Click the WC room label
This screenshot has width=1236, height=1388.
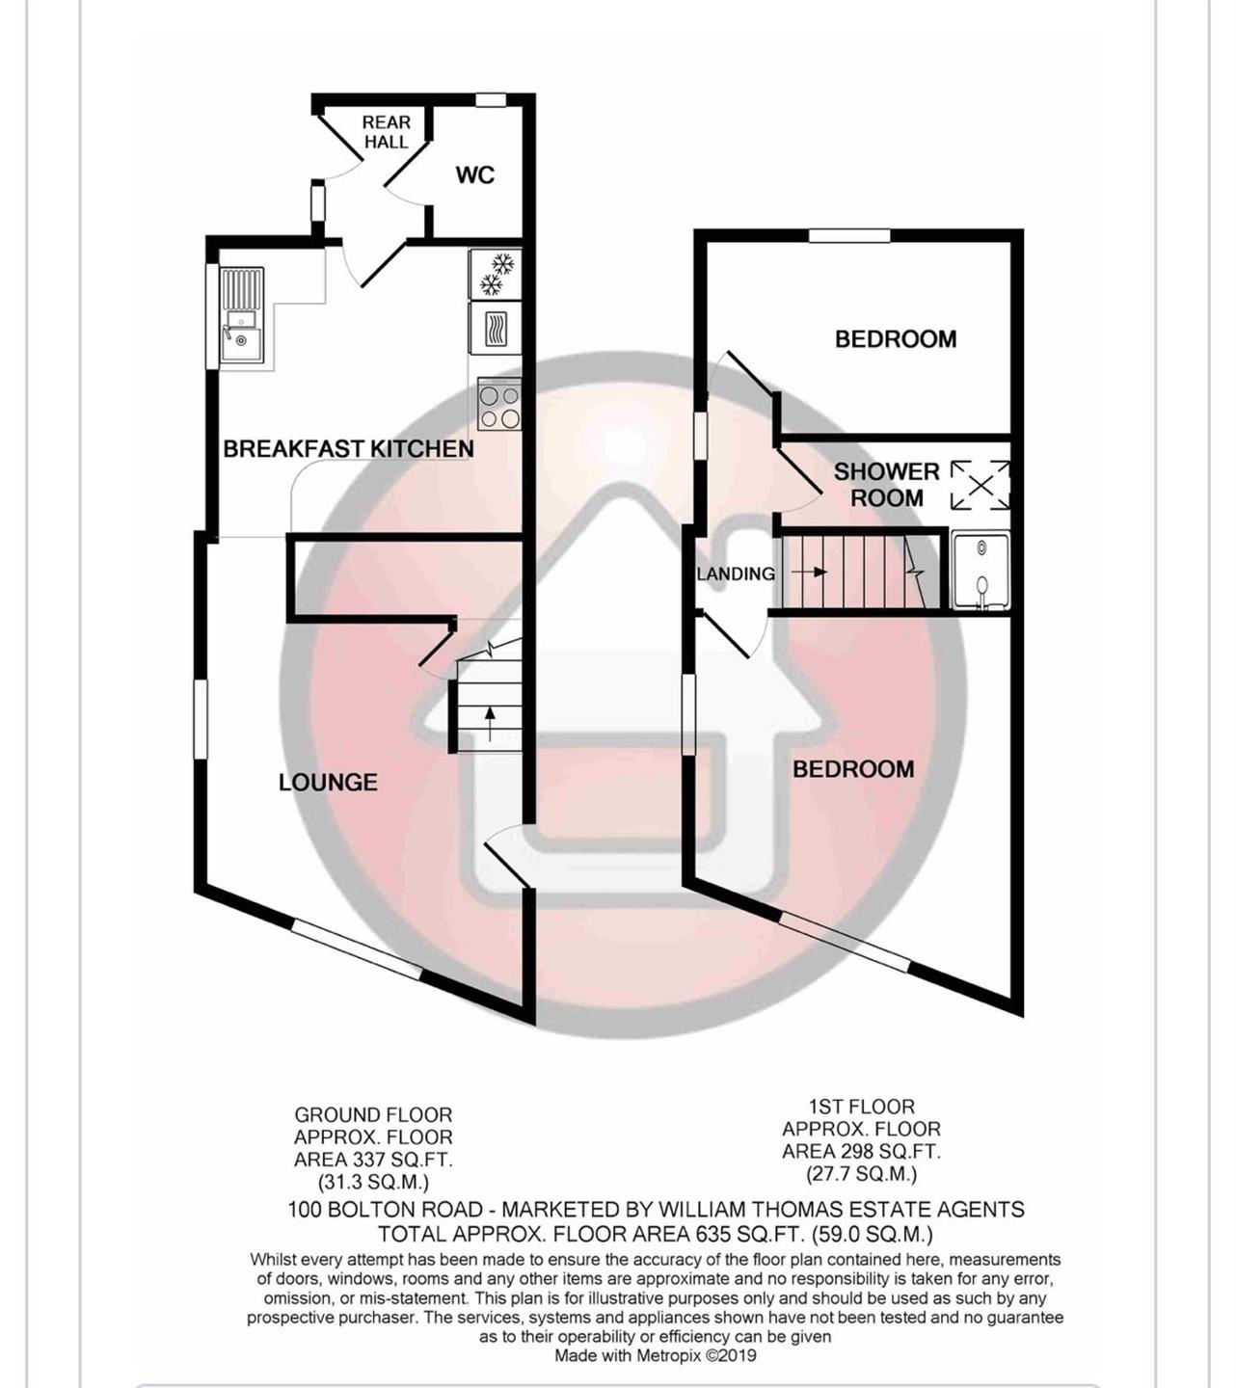(x=474, y=175)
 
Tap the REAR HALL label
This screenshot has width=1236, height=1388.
(x=387, y=132)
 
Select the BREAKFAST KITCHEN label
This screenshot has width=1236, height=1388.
(x=349, y=449)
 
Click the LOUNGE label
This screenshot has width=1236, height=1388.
(x=328, y=783)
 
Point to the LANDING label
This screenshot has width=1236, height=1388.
(x=736, y=574)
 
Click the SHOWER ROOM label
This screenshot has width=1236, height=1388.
(x=887, y=485)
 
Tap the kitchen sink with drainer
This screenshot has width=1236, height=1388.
(x=242, y=314)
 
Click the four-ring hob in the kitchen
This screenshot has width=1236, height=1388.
(x=499, y=404)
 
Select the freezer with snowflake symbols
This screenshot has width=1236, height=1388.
(x=497, y=274)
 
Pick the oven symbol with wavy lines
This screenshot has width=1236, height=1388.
(x=497, y=329)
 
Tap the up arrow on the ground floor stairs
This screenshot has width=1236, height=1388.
(x=489, y=724)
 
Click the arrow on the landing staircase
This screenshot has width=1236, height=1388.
(x=810, y=572)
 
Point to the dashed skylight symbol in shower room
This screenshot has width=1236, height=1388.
(x=981, y=486)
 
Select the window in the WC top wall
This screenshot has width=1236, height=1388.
(x=492, y=100)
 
